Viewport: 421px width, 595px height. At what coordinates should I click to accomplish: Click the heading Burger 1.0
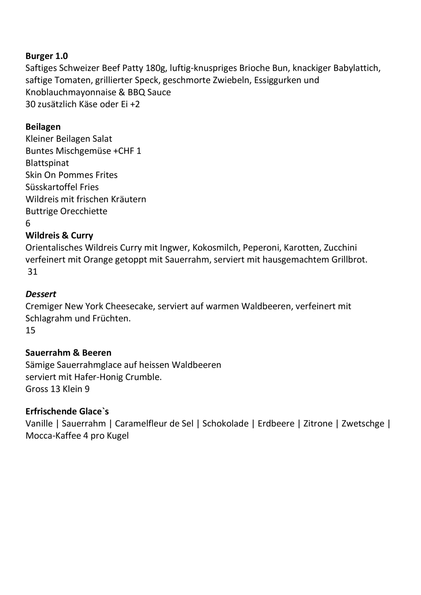[x=47, y=56]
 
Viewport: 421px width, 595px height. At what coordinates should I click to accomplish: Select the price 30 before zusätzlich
[x=30, y=104]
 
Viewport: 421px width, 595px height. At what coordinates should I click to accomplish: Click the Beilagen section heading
[x=43, y=127]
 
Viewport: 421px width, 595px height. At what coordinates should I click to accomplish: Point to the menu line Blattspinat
[x=47, y=163]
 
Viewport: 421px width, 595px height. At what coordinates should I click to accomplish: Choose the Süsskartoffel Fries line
[x=62, y=187]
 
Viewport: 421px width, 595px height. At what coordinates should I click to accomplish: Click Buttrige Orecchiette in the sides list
[x=66, y=211]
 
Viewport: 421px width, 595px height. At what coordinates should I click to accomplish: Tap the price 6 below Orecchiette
[x=28, y=223]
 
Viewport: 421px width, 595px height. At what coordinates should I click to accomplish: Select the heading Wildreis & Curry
[x=59, y=236]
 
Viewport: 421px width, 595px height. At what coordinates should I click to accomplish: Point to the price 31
[x=32, y=272]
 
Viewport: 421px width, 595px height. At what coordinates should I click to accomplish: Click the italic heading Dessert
[x=41, y=294]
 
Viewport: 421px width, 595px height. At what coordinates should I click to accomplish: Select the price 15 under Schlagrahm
[x=30, y=331]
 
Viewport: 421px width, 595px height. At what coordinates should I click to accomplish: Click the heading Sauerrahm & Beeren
[x=68, y=353]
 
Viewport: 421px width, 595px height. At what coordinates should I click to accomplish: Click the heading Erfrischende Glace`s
[x=67, y=411]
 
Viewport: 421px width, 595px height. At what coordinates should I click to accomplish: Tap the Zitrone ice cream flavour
[x=318, y=424]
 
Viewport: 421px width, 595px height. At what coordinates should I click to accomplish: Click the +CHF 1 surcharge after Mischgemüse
[x=127, y=151]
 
